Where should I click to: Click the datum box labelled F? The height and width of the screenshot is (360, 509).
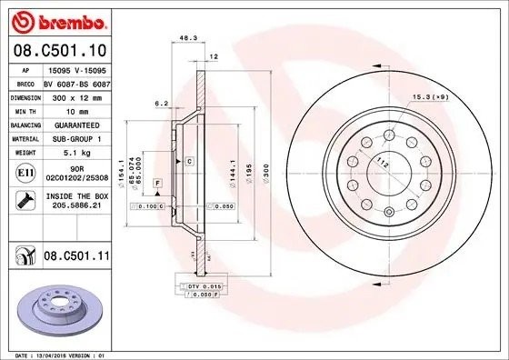tap(157, 184)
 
